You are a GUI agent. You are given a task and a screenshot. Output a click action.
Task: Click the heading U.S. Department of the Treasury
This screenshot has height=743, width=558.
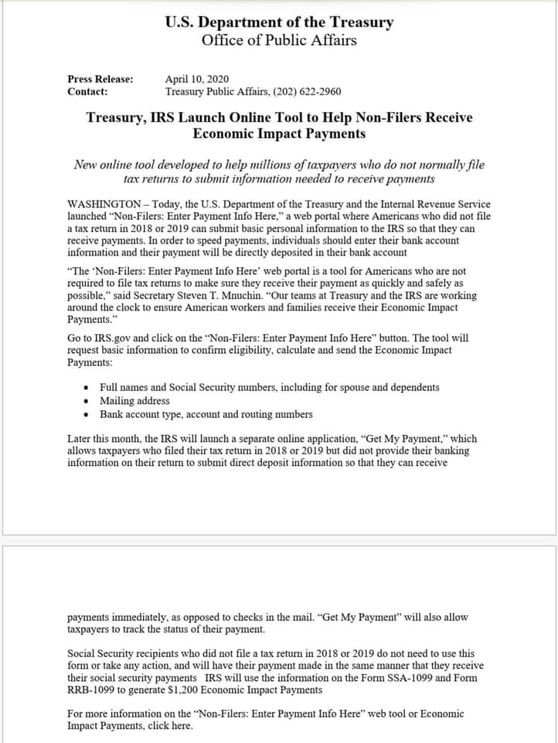[279, 22]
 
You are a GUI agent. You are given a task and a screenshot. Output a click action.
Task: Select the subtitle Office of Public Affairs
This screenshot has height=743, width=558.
[279, 40]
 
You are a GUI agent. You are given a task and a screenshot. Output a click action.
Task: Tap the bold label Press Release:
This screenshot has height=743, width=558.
[100, 79]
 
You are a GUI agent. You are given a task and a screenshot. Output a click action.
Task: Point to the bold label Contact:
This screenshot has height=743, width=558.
[87, 91]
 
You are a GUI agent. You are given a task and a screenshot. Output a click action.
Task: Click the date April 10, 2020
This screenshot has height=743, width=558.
[197, 79]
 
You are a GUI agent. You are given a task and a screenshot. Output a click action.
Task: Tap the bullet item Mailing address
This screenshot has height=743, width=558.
[134, 401]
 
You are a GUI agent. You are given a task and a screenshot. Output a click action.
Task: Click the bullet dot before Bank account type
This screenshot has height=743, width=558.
[86, 415]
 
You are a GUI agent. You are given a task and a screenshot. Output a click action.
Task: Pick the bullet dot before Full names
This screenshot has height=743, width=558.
[86, 387]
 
